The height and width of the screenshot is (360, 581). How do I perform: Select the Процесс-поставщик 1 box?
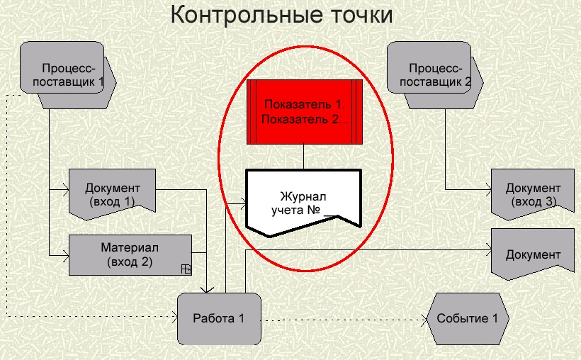pos(68,75)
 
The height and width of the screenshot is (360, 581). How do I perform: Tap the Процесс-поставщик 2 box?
pos(435,75)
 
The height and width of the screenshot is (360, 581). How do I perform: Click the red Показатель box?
pos(305,111)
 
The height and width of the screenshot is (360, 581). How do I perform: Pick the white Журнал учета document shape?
pos(303,203)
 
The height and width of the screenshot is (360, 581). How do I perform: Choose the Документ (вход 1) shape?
pos(112,193)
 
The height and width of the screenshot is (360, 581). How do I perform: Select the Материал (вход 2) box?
pos(130,254)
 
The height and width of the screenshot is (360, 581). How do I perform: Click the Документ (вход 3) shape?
pos(533,193)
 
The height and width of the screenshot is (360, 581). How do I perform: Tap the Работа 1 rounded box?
pos(219,318)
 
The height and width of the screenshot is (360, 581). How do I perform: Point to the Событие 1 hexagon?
pos(468,318)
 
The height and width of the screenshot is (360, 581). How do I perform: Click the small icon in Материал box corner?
pos(186,269)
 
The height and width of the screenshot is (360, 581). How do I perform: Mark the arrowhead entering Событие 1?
pos(424,320)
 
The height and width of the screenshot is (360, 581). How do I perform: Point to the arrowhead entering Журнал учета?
pos(243,203)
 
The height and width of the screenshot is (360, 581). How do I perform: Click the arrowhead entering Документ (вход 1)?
pos(66,190)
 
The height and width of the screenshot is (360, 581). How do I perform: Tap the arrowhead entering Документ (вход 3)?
pos(488,190)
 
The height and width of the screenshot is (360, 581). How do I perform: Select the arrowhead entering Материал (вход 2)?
pos(66,255)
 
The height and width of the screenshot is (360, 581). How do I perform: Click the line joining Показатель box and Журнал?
pos(303,157)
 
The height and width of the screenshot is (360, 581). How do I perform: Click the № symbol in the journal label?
pos(313,210)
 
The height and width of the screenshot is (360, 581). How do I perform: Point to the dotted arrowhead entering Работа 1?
pos(174,317)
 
